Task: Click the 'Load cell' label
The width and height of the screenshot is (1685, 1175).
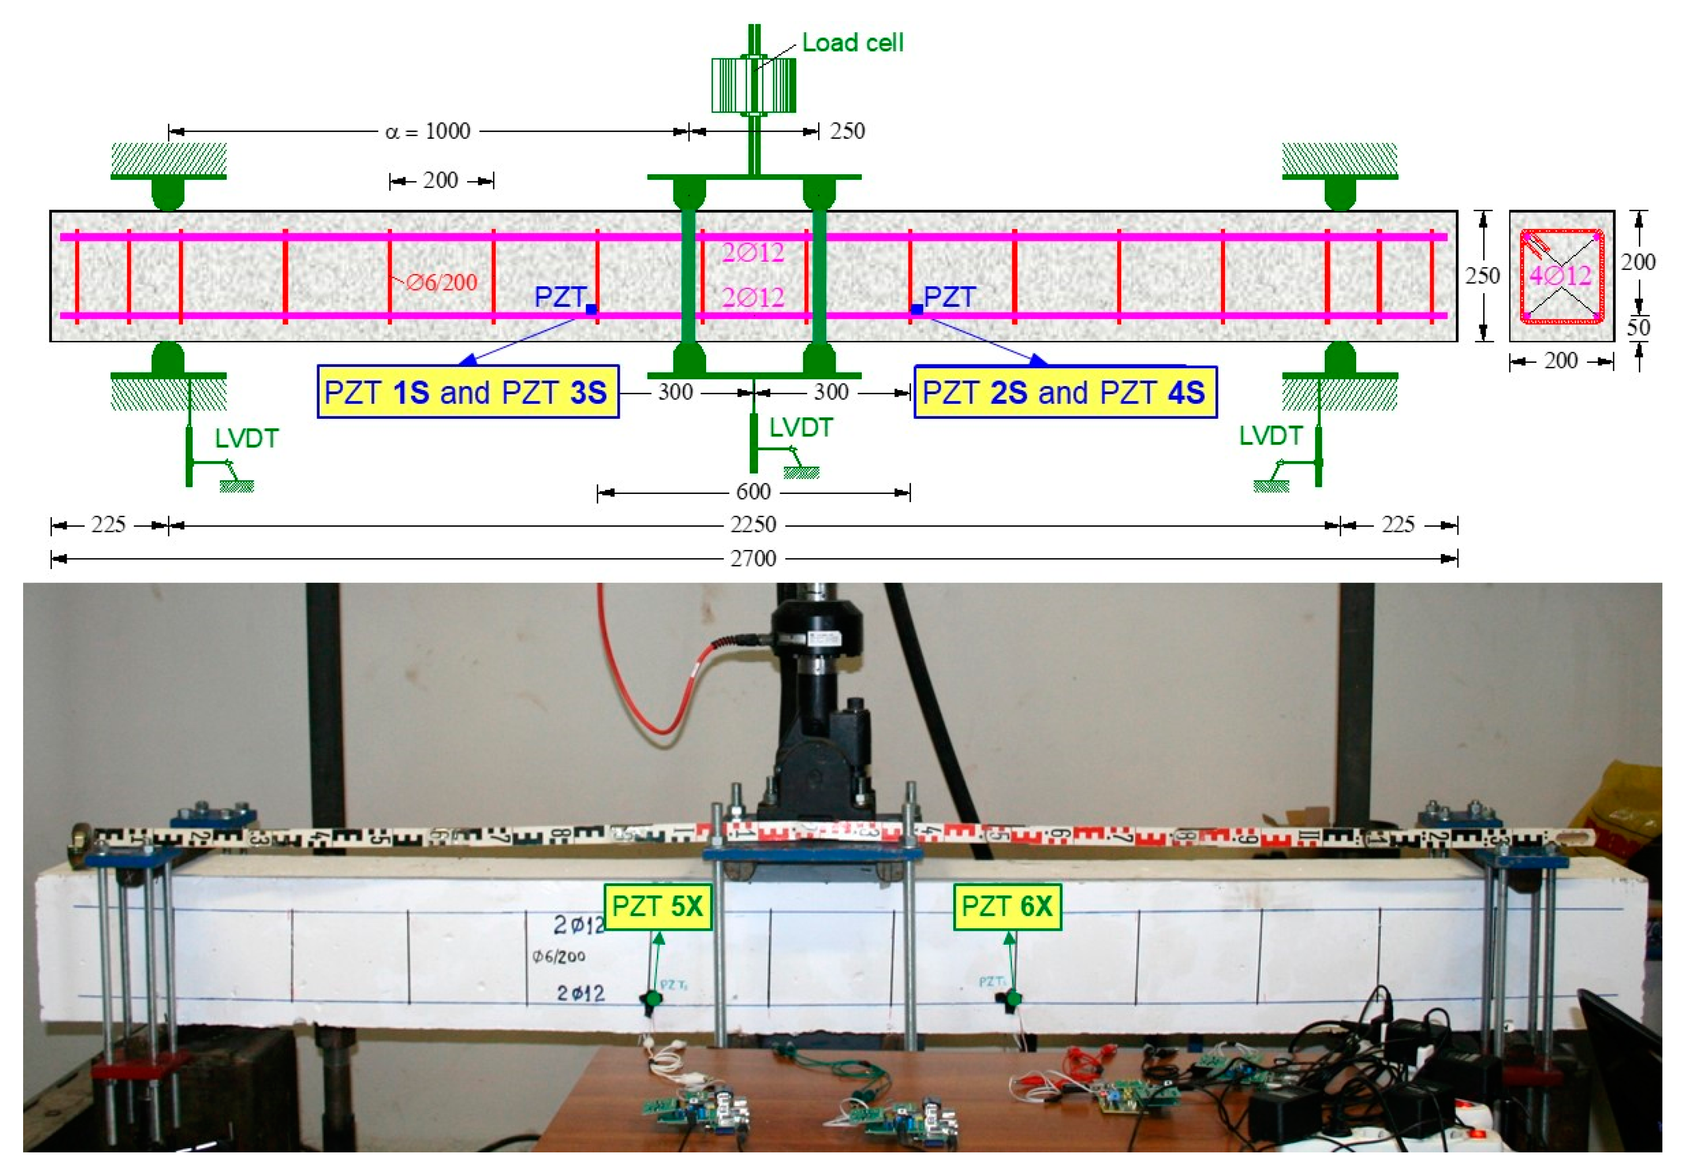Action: (x=852, y=43)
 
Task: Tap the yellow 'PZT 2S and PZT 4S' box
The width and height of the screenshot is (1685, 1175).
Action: (x=1064, y=392)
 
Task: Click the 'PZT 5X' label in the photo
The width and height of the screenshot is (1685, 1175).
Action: (x=657, y=906)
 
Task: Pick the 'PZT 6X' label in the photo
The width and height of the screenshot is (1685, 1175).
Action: (x=1007, y=906)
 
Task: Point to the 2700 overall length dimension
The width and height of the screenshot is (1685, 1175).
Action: (x=753, y=559)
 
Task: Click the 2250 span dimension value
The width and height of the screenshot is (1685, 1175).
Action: (x=753, y=525)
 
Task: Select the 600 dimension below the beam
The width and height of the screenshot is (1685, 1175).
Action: (x=753, y=492)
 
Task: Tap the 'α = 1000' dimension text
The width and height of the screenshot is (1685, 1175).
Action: (x=428, y=132)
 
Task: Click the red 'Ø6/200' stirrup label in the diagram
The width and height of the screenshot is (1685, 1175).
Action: (x=441, y=283)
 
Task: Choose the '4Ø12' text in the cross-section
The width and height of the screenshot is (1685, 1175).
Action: (x=1560, y=276)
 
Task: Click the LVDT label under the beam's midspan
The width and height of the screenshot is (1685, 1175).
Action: (x=801, y=428)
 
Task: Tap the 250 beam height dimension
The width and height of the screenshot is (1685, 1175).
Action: (x=1483, y=277)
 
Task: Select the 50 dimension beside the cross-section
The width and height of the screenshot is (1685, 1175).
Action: (x=1638, y=327)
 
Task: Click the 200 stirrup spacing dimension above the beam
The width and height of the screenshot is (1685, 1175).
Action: (x=440, y=180)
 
